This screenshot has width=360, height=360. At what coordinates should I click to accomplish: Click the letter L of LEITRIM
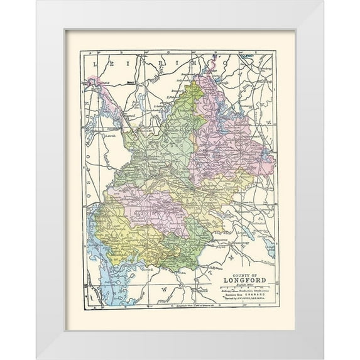95,64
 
